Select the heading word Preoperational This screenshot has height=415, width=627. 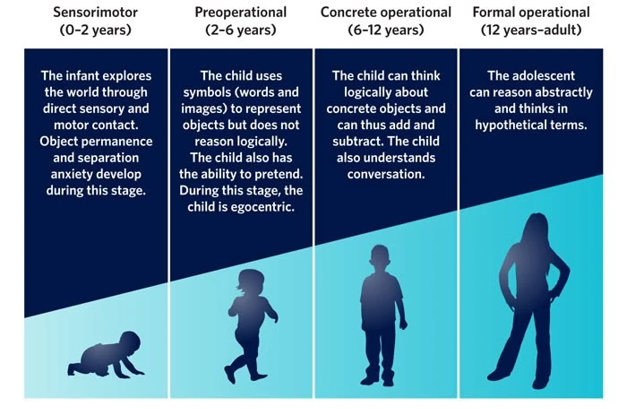241,12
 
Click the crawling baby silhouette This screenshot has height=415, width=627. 106,354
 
